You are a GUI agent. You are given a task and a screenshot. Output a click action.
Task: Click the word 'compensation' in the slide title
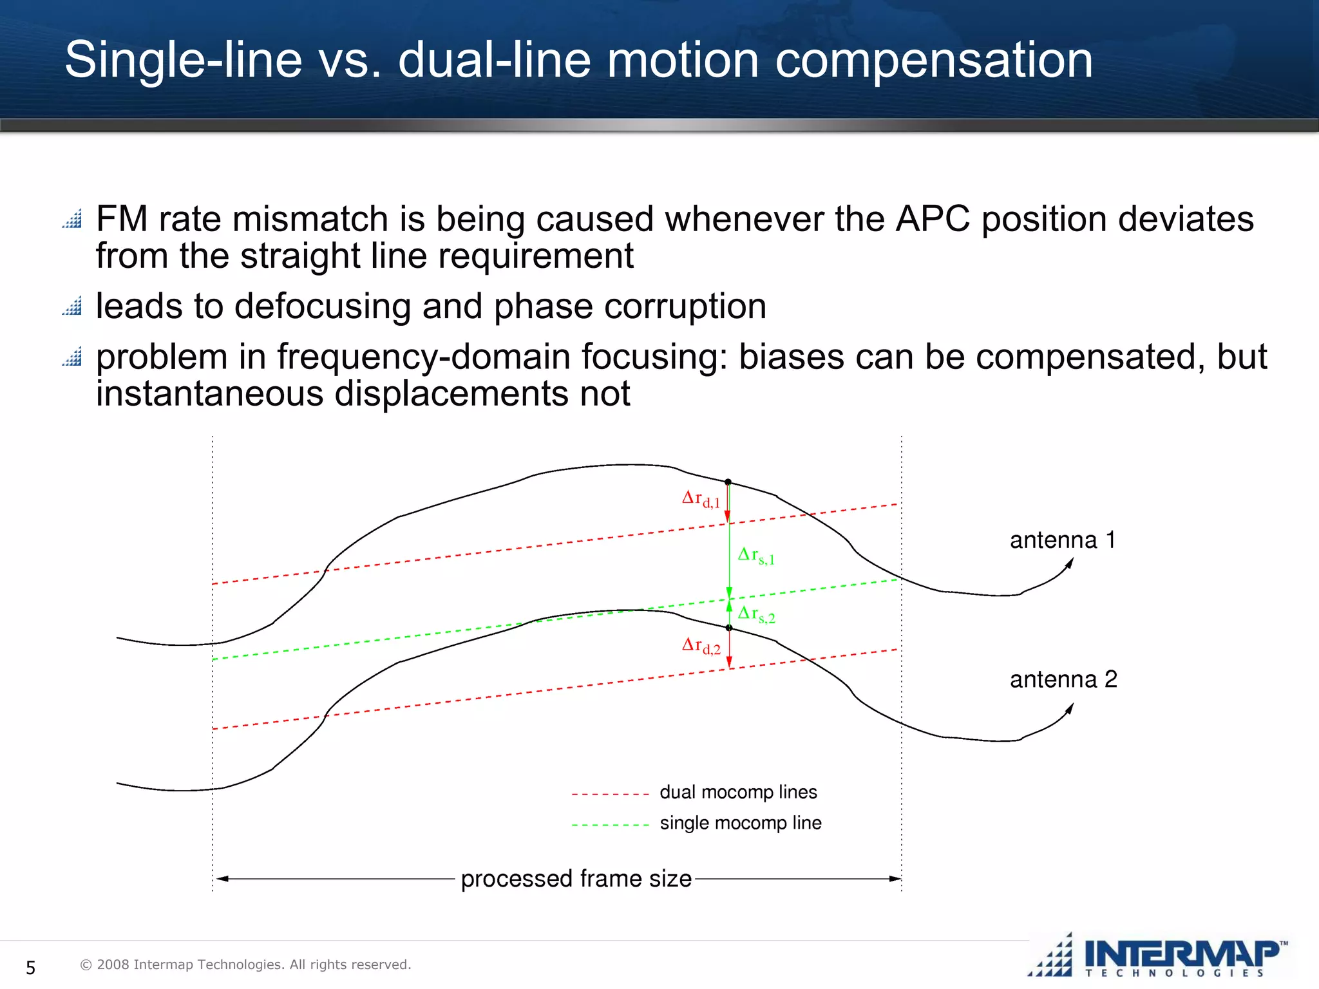(933, 61)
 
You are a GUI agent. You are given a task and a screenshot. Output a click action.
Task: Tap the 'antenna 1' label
(1062, 540)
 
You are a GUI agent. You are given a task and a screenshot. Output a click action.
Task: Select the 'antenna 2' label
(1063, 679)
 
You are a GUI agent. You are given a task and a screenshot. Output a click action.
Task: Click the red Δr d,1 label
(701, 499)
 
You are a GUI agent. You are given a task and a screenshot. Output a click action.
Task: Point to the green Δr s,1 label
(756, 556)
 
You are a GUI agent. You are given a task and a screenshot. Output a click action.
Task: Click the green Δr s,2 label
(756, 614)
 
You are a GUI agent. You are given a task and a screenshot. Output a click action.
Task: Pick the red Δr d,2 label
(701, 645)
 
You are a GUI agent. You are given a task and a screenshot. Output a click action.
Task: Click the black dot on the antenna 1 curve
(728, 482)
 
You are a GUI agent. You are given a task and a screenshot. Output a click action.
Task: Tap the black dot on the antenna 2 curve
(728, 628)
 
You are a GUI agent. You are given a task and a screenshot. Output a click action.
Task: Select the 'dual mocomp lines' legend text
(738, 792)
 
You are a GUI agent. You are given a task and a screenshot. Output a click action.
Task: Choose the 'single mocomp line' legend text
(741, 823)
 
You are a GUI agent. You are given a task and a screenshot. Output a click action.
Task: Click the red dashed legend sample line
(610, 795)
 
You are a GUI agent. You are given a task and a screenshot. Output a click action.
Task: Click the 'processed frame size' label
(576, 879)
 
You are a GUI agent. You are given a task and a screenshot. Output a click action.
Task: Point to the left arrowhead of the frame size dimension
(222, 879)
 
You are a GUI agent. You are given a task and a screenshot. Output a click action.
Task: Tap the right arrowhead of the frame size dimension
(895, 879)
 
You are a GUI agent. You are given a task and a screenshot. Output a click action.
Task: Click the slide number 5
(30, 967)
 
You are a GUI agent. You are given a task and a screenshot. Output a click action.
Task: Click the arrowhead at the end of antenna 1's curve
(1070, 563)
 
